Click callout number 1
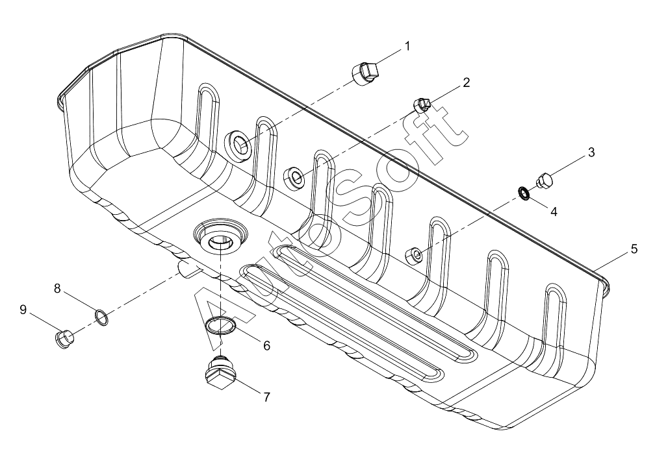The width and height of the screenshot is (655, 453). (407, 46)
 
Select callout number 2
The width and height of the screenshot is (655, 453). (466, 82)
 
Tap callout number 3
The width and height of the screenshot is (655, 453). (591, 153)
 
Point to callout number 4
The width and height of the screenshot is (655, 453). (554, 212)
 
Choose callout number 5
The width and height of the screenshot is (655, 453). (634, 249)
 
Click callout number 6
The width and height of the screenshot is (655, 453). (266, 345)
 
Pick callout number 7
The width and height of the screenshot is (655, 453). (266, 397)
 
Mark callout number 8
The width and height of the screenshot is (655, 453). (57, 288)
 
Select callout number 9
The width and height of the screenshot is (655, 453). (23, 309)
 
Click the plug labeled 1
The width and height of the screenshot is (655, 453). (365, 74)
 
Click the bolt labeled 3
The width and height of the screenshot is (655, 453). (545, 180)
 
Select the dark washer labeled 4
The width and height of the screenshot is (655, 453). (524, 193)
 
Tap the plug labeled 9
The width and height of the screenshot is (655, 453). (64, 338)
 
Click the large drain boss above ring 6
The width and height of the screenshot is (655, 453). (221, 236)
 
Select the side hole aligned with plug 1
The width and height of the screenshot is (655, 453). (239, 145)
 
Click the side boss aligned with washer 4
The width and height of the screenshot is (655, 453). (415, 254)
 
